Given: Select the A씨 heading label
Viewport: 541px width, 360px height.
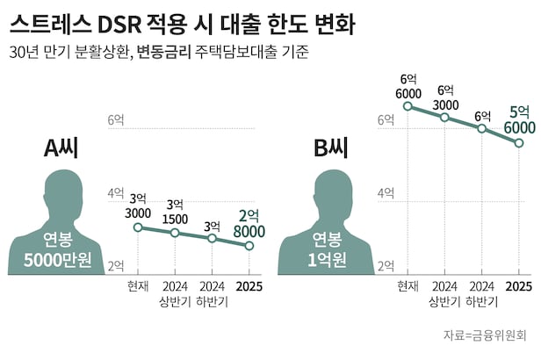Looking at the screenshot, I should tap(62, 148).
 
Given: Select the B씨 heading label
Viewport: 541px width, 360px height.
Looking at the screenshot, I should tap(331, 148).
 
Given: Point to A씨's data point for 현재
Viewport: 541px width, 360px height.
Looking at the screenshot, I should tap(138, 227).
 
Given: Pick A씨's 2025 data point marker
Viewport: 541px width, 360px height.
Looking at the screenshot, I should tap(249, 246).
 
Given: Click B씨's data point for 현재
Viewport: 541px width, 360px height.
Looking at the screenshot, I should tap(408, 106).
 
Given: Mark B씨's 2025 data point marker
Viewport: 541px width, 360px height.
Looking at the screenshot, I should tap(519, 142).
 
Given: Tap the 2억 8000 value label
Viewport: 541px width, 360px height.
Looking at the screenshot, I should tap(249, 222).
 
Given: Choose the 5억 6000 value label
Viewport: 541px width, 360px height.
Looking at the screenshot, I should tap(519, 119).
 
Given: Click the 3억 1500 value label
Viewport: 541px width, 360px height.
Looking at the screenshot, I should tap(175, 211).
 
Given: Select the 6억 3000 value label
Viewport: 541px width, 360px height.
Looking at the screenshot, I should tap(445, 96).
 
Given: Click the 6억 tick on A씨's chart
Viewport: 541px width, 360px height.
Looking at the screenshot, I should tap(115, 120).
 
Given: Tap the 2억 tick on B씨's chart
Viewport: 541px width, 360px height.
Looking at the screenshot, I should tap(386, 265).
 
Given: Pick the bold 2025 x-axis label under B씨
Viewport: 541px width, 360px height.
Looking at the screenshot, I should tap(519, 286).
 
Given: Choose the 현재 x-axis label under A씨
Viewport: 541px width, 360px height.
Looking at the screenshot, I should tap(138, 286).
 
